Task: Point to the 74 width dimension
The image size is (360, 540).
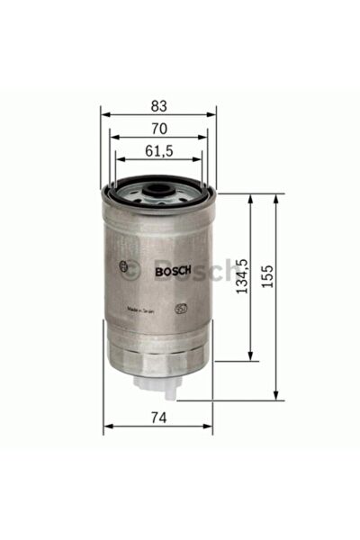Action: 157,417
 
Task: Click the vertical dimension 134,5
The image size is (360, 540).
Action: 241,276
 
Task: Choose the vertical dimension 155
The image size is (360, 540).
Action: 266,276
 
